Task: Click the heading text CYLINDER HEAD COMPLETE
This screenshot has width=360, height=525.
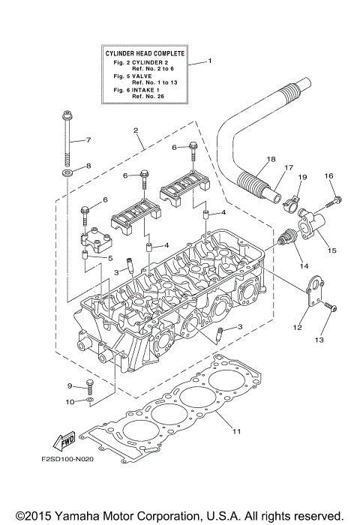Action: pyautogui.click(x=143, y=53)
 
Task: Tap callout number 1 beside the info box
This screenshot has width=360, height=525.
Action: pyautogui.click(x=210, y=61)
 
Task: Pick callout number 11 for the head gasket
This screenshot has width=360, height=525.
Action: pyautogui.click(x=236, y=431)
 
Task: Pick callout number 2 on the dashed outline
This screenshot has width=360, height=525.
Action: pyautogui.click(x=136, y=130)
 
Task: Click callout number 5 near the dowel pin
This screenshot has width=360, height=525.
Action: pyautogui.click(x=110, y=259)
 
